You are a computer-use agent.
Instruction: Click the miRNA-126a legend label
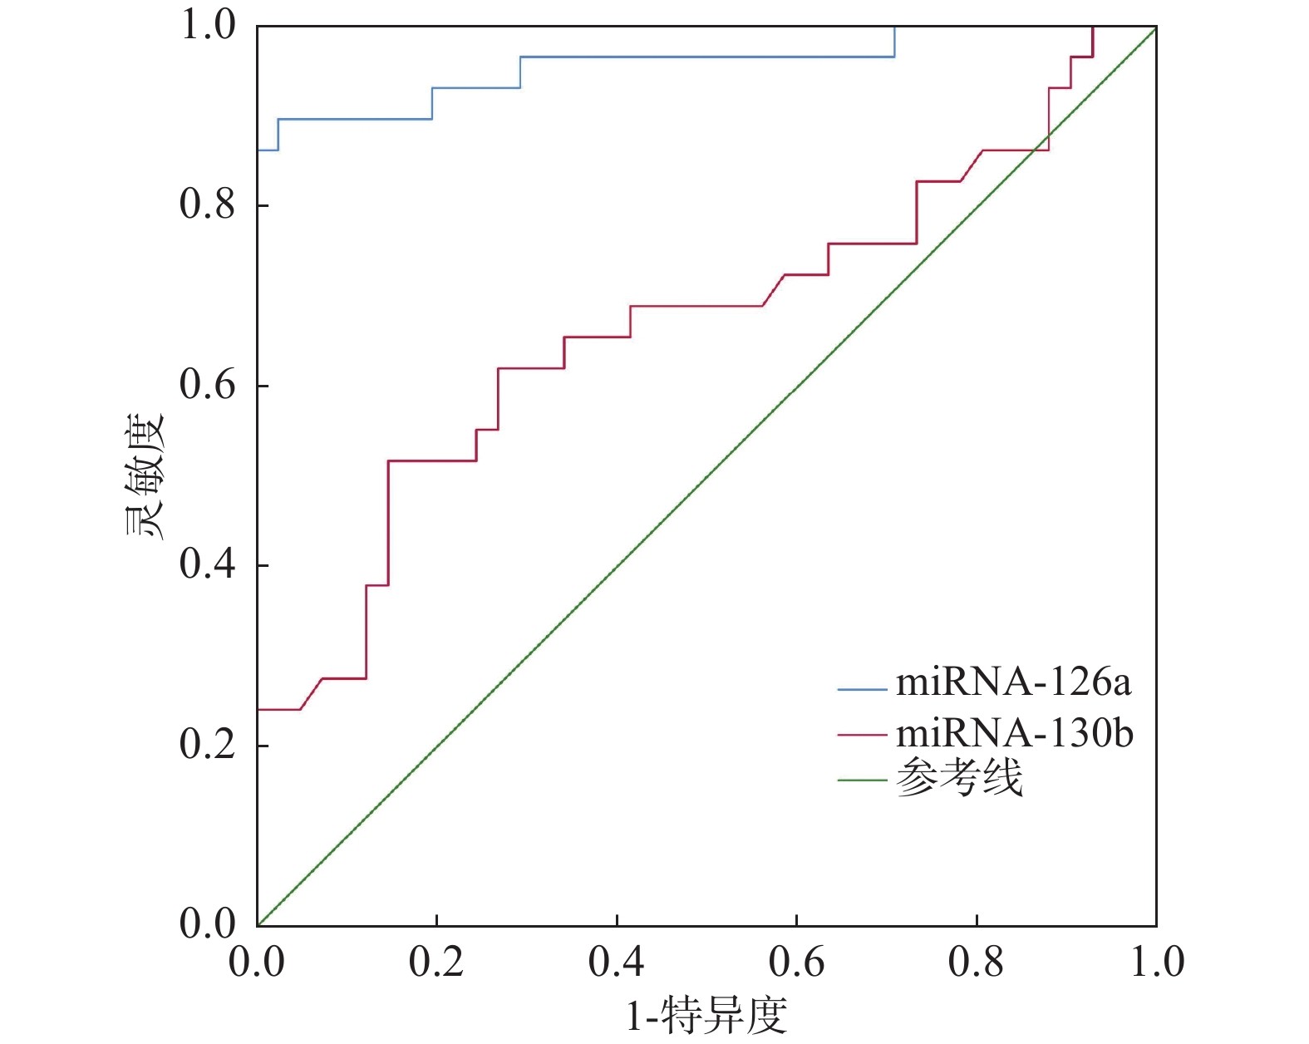pyautogui.click(x=1013, y=683)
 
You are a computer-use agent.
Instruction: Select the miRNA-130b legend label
pyautogui.click(x=1014, y=734)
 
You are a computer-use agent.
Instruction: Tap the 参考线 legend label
pyautogui.click(x=959, y=780)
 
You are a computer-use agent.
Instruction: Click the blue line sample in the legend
pyautogui.click(x=862, y=689)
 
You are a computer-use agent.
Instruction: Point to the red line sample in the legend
pyautogui.click(x=862, y=735)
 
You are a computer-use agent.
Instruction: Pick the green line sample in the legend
pyautogui.click(x=862, y=781)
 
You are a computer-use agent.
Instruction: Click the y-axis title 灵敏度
pyautogui.click(x=146, y=476)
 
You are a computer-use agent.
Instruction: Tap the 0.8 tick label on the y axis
pyautogui.click(x=208, y=204)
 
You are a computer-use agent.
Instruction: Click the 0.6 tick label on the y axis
pyautogui.click(x=208, y=386)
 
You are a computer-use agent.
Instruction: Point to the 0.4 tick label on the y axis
pyautogui.click(x=208, y=565)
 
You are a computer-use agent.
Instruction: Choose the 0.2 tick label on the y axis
pyautogui.click(x=208, y=746)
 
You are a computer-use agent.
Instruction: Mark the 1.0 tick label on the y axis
pyautogui.click(x=208, y=26)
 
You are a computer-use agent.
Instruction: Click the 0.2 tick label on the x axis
pyautogui.click(x=436, y=963)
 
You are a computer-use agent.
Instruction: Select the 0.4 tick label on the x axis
pyautogui.click(x=616, y=963)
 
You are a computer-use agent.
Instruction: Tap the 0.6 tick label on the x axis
pyautogui.click(x=796, y=963)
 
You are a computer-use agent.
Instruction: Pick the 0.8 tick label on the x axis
pyautogui.click(x=976, y=963)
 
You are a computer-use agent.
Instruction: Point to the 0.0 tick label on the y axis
pyautogui.click(x=208, y=924)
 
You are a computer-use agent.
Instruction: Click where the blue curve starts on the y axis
pyautogui.click(x=258, y=150)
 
